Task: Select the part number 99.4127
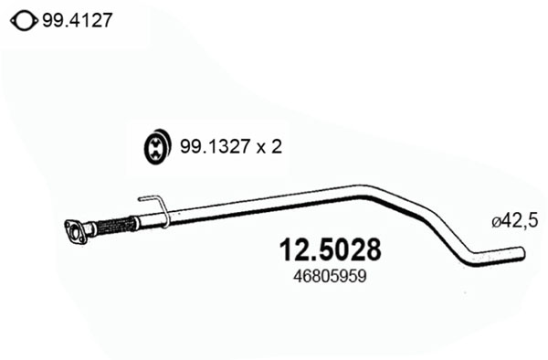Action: [x=78, y=20]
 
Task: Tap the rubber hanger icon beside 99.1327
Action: [x=157, y=146]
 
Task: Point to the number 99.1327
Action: [x=216, y=146]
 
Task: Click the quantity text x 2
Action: [x=269, y=147]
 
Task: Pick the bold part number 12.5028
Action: [x=330, y=250]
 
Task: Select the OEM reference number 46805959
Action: [x=330, y=277]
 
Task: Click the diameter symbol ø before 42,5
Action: [x=496, y=222]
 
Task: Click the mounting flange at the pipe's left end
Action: [x=75, y=231]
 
